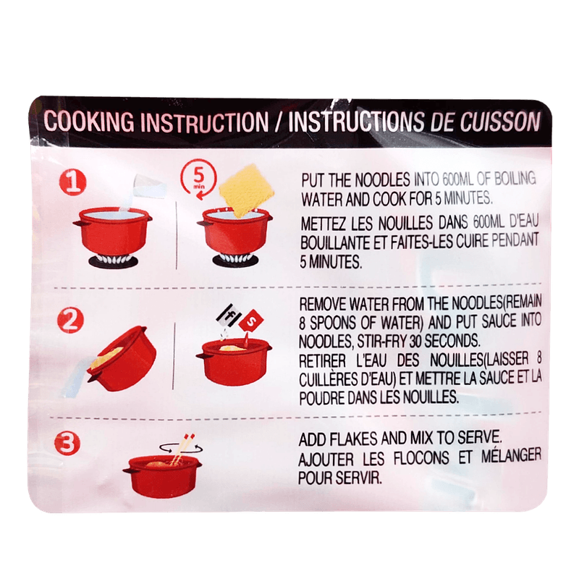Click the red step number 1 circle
point(73,182)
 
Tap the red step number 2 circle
point(70,320)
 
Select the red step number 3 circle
point(67,443)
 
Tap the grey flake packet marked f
point(229,316)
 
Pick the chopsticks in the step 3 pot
point(182,447)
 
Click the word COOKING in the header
point(89,121)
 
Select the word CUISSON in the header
point(500,121)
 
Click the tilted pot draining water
point(122,358)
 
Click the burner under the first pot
point(113,261)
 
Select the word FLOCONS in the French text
point(421,458)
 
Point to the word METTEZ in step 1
point(324,224)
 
